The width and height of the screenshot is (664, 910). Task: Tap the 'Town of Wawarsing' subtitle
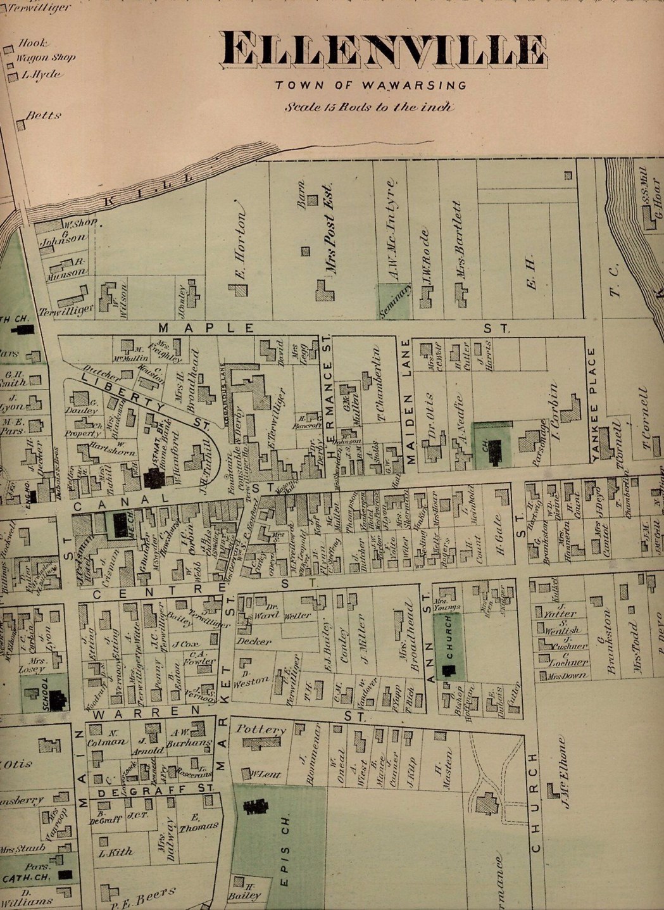pyautogui.click(x=371, y=85)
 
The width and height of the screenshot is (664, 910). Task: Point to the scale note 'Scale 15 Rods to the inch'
pyautogui.click(x=369, y=106)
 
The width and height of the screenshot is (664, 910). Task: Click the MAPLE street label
pyautogui.click(x=206, y=328)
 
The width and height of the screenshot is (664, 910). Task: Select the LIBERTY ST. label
pyautogui.click(x=139, y=400)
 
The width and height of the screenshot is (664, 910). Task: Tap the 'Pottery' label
pyautogui.click(x=261, y=730)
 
